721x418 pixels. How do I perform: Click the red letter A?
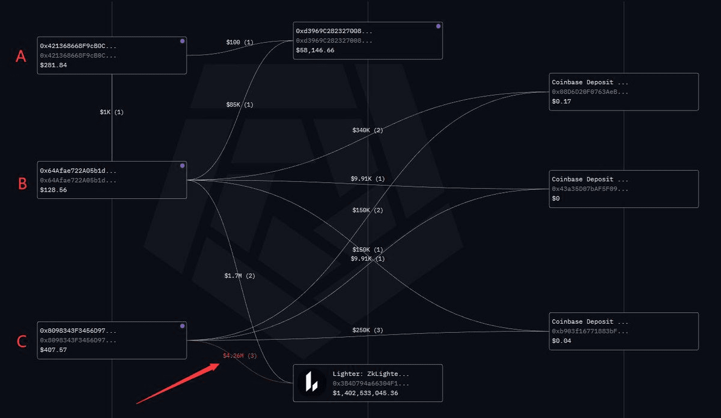click(21, 56)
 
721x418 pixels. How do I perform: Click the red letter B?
click(22, 183)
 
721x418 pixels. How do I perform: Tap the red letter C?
click(22, 342)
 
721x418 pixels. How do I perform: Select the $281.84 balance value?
click(53, 65)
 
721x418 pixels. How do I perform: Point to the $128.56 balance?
click(53, 190)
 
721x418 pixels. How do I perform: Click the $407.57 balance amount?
click(53, 350)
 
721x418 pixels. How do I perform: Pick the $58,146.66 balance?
click(315, 50)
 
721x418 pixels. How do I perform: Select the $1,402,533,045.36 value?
click(365, 393)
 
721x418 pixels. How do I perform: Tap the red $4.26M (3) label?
click(240, 356)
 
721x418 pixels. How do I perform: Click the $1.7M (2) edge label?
click(240, 276)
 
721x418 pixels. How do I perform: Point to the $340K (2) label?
click(367, 130)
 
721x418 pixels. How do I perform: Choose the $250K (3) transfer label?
click(367, 331)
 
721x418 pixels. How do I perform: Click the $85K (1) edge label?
click(240, 105)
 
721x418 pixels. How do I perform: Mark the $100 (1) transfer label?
click(240, 43)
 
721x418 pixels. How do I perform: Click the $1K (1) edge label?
click(112, 112)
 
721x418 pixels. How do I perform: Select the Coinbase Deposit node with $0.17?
click(624, 92)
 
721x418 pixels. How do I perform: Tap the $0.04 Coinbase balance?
click(561, 341)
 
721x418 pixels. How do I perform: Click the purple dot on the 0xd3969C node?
click(438, 26)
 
